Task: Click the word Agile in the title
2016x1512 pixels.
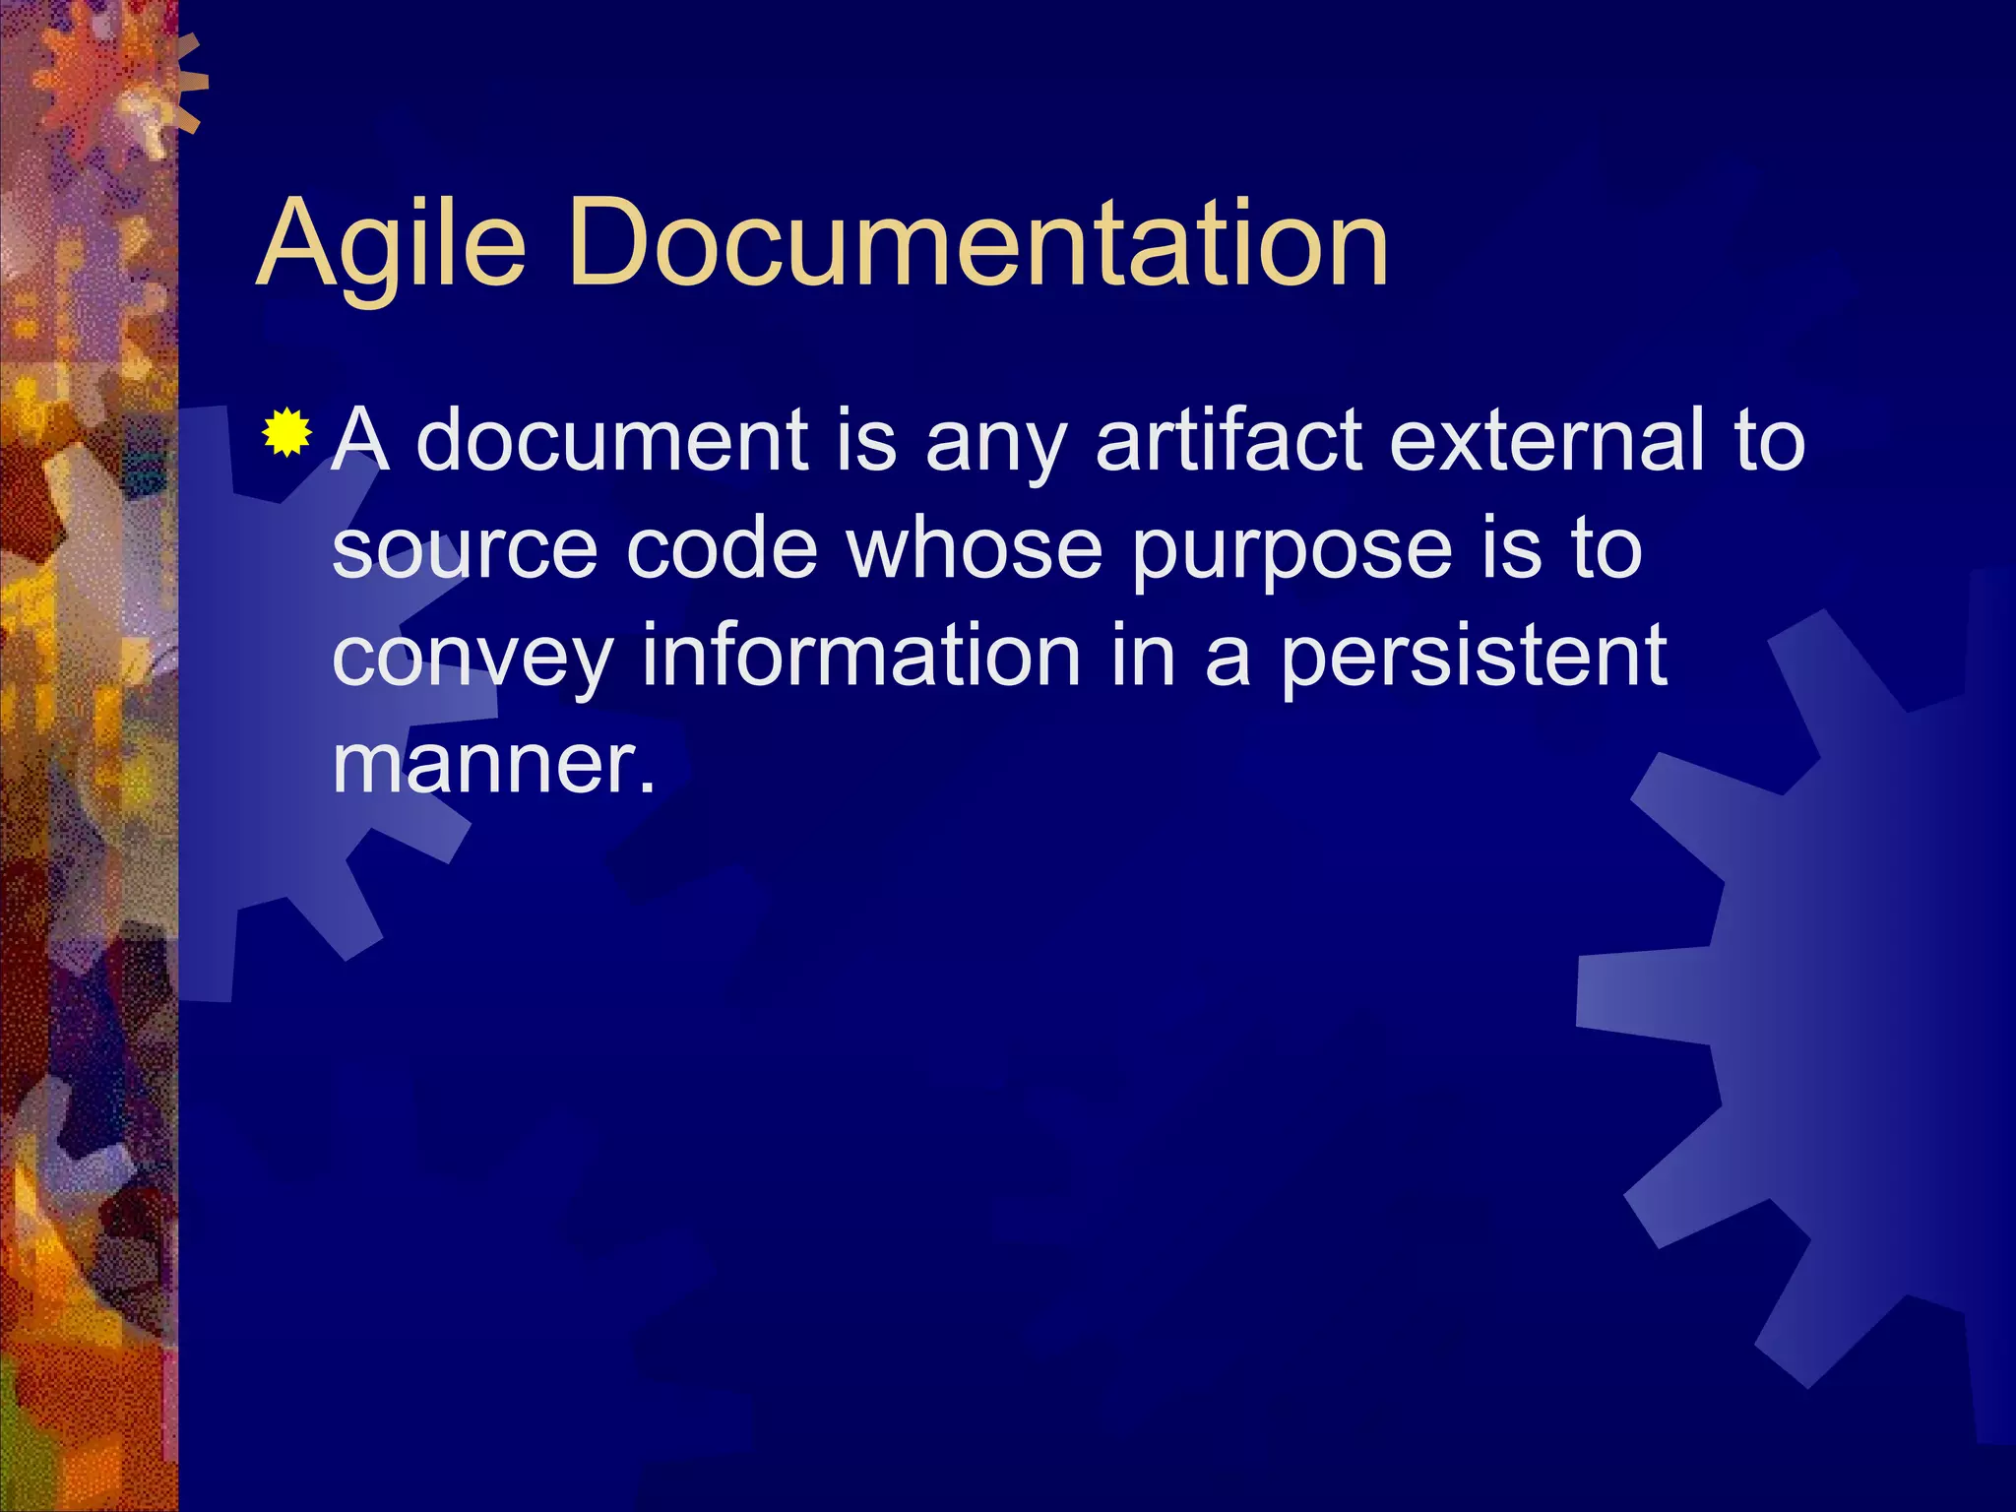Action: click(x=391, y=244)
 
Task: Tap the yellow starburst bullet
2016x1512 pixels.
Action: click(x=287, y=432)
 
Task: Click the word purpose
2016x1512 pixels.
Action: click(x=1291, y=551)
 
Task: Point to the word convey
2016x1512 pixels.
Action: click(x=472, y=658)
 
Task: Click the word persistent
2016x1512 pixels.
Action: click(x=1474, y=657)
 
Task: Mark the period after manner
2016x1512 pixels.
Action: click(x=646, y=787)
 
